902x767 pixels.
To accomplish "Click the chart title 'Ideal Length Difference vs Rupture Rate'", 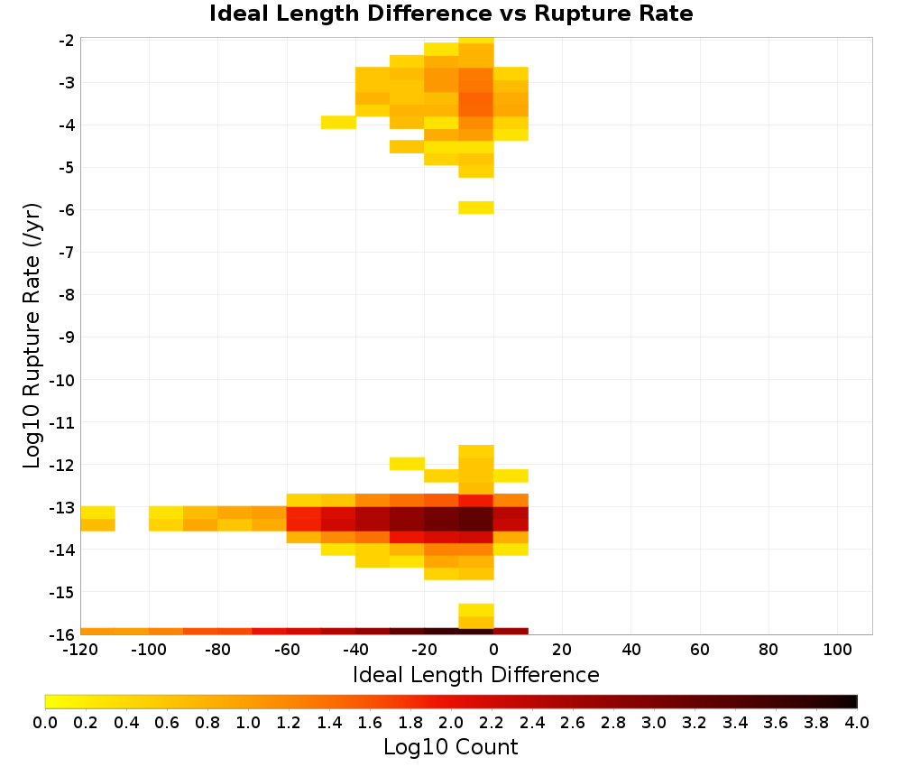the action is [451, 14].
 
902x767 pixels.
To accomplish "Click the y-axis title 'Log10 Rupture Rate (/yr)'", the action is [32, 336].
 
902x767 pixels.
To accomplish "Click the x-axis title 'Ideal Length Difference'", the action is [475, 674].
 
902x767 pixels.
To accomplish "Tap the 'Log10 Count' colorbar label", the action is [450, 747].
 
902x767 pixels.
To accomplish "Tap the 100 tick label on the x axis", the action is [837, 651].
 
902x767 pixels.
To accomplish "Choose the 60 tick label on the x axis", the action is [700, 651].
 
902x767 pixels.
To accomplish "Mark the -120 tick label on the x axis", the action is [80, 651].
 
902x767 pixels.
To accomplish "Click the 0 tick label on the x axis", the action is [493, 651].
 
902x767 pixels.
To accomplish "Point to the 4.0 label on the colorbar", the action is [857, 722].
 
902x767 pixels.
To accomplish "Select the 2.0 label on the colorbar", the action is [451, 722].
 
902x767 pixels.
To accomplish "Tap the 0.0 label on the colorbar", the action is [45, 722].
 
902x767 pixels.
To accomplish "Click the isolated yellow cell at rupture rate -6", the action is [476, 208].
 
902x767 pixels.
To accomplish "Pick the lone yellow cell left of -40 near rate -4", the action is [338, 123].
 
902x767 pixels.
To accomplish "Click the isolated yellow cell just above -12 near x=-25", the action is [408, 463].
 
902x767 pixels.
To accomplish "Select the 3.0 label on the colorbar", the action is [654, 722].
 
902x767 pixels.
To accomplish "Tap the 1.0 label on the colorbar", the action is [248, 722].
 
